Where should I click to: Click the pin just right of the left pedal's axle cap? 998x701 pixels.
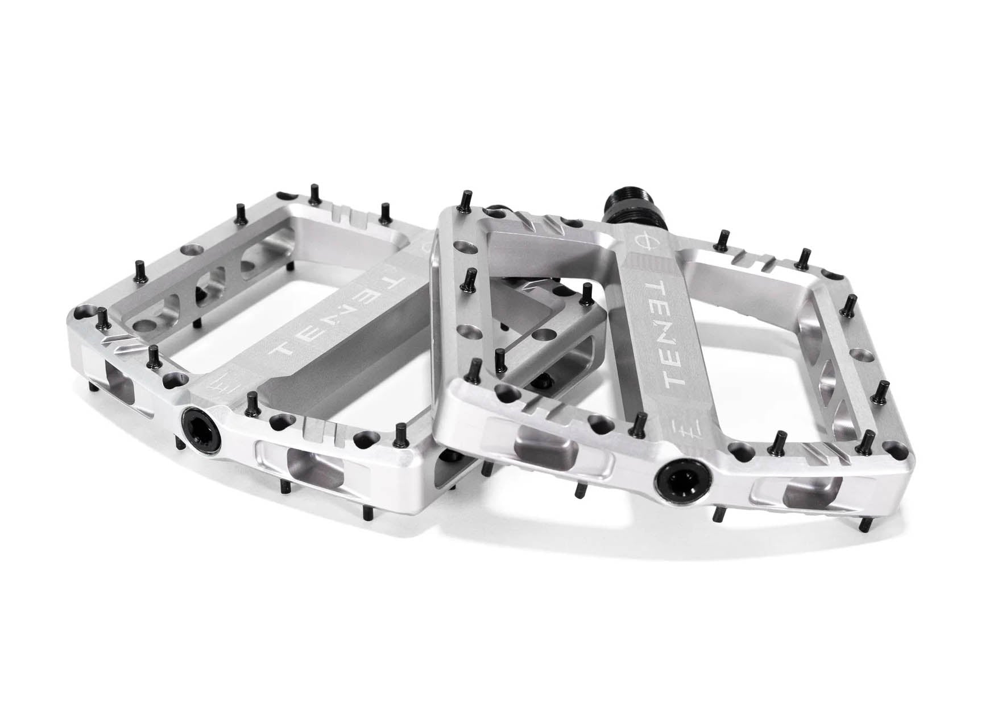pos(250,402)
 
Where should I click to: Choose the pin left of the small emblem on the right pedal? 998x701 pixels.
pos(640,422)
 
